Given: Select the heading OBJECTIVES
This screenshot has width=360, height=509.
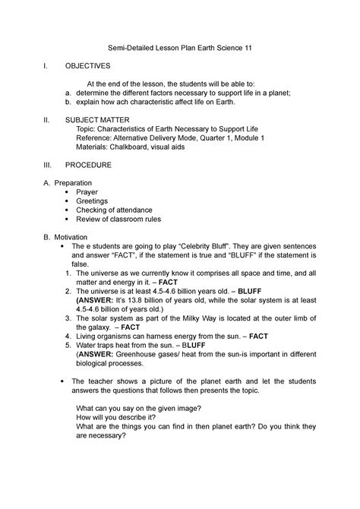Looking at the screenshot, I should click(87, 66).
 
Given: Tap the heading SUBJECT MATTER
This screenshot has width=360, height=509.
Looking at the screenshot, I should click(96, 121).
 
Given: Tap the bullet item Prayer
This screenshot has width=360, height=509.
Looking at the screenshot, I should click(87, 193).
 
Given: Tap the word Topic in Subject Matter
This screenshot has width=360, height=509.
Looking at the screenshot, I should click(98, 130).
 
